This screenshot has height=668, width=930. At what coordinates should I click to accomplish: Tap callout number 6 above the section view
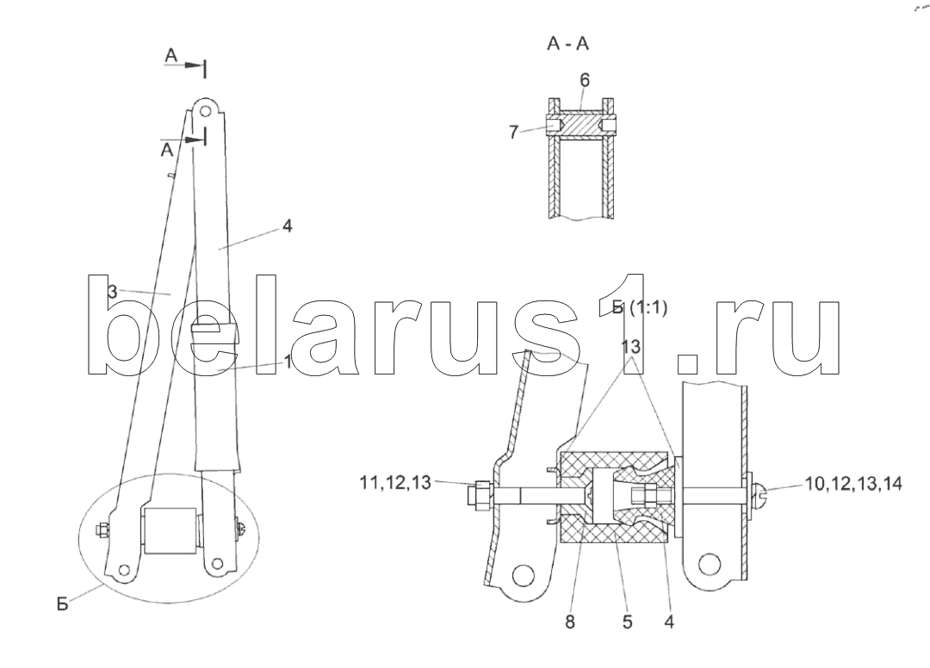click(x=584, y=79)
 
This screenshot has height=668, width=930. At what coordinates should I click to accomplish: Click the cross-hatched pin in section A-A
click(x=582, y=127)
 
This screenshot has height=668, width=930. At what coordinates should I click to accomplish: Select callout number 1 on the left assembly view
click(x=288, y=362)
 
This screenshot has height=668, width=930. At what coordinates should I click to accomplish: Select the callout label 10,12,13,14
click(x=853, y=484)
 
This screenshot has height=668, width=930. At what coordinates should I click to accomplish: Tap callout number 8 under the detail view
click(x=569, y=621)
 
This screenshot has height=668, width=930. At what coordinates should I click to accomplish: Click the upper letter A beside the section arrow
click(x=172, y=56)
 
